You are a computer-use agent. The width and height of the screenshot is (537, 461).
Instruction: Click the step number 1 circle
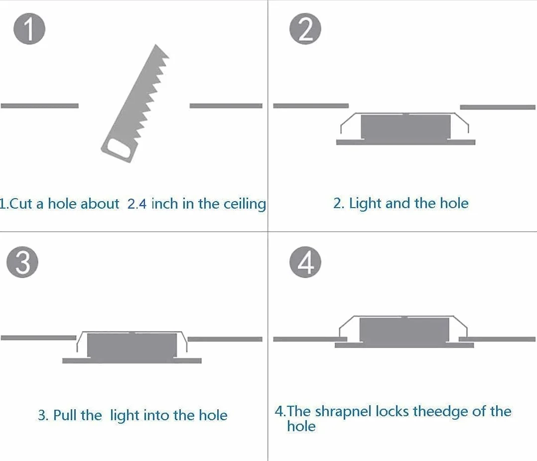29,29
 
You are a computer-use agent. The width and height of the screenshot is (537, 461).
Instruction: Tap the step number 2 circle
305,29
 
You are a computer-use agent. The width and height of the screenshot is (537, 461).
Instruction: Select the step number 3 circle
22,262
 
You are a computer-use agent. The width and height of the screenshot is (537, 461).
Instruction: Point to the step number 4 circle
305,262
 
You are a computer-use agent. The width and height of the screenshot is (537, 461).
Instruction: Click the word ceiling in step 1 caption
245,204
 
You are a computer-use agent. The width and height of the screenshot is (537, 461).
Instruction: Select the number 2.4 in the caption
136,204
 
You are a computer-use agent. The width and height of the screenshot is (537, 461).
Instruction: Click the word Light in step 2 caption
365,204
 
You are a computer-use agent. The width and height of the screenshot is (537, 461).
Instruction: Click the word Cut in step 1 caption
21,204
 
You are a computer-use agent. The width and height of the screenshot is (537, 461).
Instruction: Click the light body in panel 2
406,126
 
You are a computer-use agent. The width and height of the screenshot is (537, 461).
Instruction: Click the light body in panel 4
404,330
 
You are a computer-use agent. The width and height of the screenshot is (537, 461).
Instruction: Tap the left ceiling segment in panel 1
40,106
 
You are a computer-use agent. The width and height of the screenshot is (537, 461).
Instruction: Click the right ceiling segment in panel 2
498,107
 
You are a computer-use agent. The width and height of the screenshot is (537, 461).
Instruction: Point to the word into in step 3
156,415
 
